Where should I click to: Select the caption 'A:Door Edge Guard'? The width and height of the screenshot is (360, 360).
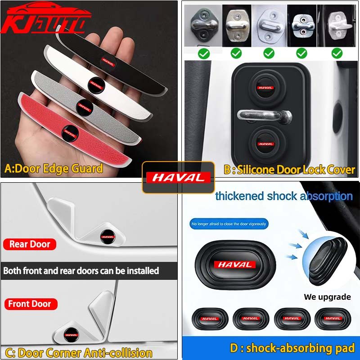pos(54,169)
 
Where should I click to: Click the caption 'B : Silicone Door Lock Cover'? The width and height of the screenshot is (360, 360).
pos(289,170)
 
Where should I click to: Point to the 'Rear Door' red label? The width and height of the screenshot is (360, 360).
pos(30,244)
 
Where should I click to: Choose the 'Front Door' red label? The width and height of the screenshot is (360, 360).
pos(30,304)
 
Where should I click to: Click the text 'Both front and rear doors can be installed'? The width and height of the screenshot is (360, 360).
pos(81,271)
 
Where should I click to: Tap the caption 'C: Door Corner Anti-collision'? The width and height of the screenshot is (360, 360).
pos(77,352)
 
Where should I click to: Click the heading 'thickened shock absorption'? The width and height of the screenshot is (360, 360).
pos(283,196)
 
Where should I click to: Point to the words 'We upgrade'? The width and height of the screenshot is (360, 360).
pos(327,297)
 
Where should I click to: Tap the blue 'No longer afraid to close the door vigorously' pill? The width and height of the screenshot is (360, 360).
pos(229,224)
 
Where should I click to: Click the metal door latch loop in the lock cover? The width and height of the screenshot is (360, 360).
pos(263,115)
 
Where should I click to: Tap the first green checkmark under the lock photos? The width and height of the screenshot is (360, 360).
pos(204,54)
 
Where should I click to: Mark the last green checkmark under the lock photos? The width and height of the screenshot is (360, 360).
pos(337,54)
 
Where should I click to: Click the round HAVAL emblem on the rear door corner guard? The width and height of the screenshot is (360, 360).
pos(107,234)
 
